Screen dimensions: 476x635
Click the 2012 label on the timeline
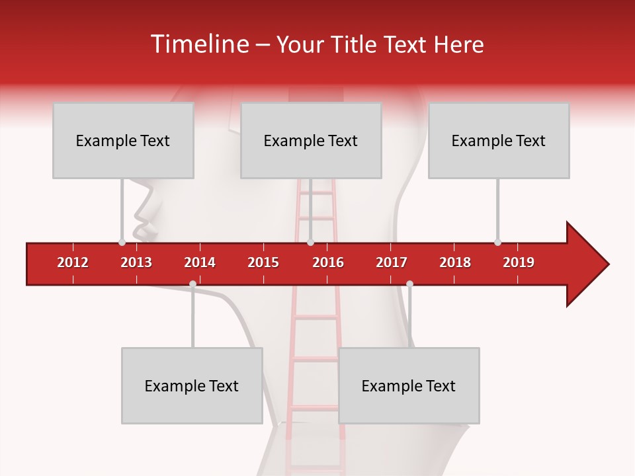73,262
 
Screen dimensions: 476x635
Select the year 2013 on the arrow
136,262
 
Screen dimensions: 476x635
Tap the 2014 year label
200,262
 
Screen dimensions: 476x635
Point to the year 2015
263,262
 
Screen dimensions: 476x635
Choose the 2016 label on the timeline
328,262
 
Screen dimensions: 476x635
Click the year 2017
392,262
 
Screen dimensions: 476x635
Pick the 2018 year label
455,262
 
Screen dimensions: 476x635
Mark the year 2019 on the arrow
519,262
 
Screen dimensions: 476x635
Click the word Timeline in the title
198,44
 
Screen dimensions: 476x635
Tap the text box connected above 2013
123,140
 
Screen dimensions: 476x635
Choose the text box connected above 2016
311,140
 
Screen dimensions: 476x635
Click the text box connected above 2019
499,140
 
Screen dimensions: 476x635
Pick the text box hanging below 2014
192,385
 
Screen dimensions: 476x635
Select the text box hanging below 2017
409,385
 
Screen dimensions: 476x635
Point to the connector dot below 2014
192,284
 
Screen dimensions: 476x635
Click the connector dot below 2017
409,284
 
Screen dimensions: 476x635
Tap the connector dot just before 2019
497,242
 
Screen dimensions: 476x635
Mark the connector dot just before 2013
122,242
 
